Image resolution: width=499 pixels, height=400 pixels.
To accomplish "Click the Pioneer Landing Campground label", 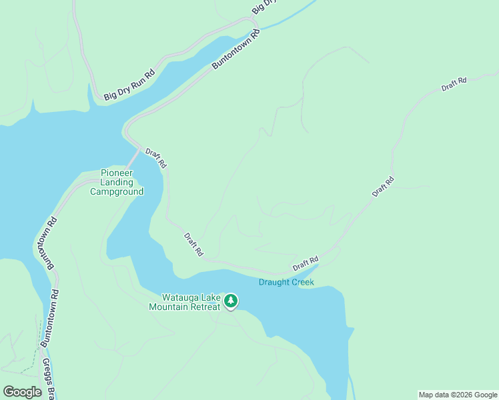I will [117, 182].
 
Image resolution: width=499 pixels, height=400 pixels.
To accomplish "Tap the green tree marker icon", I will [231, 301].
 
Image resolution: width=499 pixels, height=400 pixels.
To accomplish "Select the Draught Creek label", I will [286, 282].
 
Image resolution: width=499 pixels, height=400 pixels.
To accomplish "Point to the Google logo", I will [23, 392].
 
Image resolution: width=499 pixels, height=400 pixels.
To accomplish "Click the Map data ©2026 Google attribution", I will [458, 395].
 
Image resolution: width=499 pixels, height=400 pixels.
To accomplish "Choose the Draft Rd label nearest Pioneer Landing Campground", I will [156, 158].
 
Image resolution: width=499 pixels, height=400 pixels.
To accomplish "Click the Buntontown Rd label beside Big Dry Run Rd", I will [235, 49].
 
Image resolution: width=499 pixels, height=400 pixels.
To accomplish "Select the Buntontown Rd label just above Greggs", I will [49, 318].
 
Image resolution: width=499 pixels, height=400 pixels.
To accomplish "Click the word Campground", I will [117, 191].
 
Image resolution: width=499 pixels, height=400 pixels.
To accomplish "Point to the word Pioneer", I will [116, 173].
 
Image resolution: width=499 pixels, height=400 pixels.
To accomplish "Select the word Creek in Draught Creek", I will [301, 282].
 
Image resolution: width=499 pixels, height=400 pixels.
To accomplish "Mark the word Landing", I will [117, 182].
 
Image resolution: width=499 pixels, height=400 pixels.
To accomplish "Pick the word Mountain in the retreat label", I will [168, 307].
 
